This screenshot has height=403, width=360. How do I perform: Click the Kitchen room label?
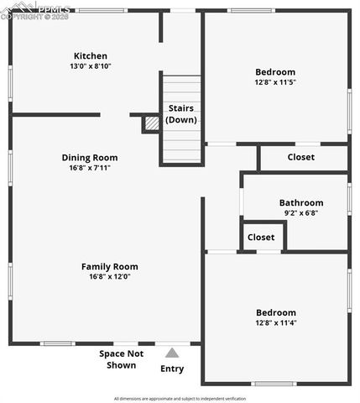pyautogui.click(x=90, y=56)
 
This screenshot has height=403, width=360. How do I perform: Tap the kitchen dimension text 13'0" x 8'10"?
pyautogui.click(x=90, y=66)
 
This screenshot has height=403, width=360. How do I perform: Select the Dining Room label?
pyautogui.click(x=90, y=157)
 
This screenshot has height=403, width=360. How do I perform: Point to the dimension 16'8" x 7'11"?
pyautogui.click(x=90, y=168)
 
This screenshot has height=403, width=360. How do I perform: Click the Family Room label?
pyautogui.click(x=110, y=266)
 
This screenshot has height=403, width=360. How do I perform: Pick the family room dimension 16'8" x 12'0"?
pyautogui.click(x=110, y=277)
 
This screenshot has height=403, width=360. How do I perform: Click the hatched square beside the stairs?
pyautogui.click(x=151, y=123)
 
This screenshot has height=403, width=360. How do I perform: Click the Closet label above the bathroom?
pyautogui.click(x=301, y=157)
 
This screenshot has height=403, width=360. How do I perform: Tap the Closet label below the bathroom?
pyautogui.click(x=261, y=238)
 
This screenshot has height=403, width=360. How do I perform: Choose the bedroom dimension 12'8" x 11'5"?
pyautogui.click(x=275, y=82)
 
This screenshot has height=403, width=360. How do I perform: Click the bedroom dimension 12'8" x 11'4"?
pyautogui.click(x=275, y=322)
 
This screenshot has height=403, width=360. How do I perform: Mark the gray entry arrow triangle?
pyautogui.click(x=172, y=353)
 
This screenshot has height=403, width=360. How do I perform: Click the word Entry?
pyautogui.click(x=172, y=369)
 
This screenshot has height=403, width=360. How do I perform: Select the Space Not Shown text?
pyautogui.click(x=122, y=359)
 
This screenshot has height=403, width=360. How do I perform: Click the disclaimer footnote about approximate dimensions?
pyautogui.click(x=180, y=398)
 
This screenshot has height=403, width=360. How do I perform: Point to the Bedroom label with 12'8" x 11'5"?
pyautogui.click(x=275, y=71)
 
